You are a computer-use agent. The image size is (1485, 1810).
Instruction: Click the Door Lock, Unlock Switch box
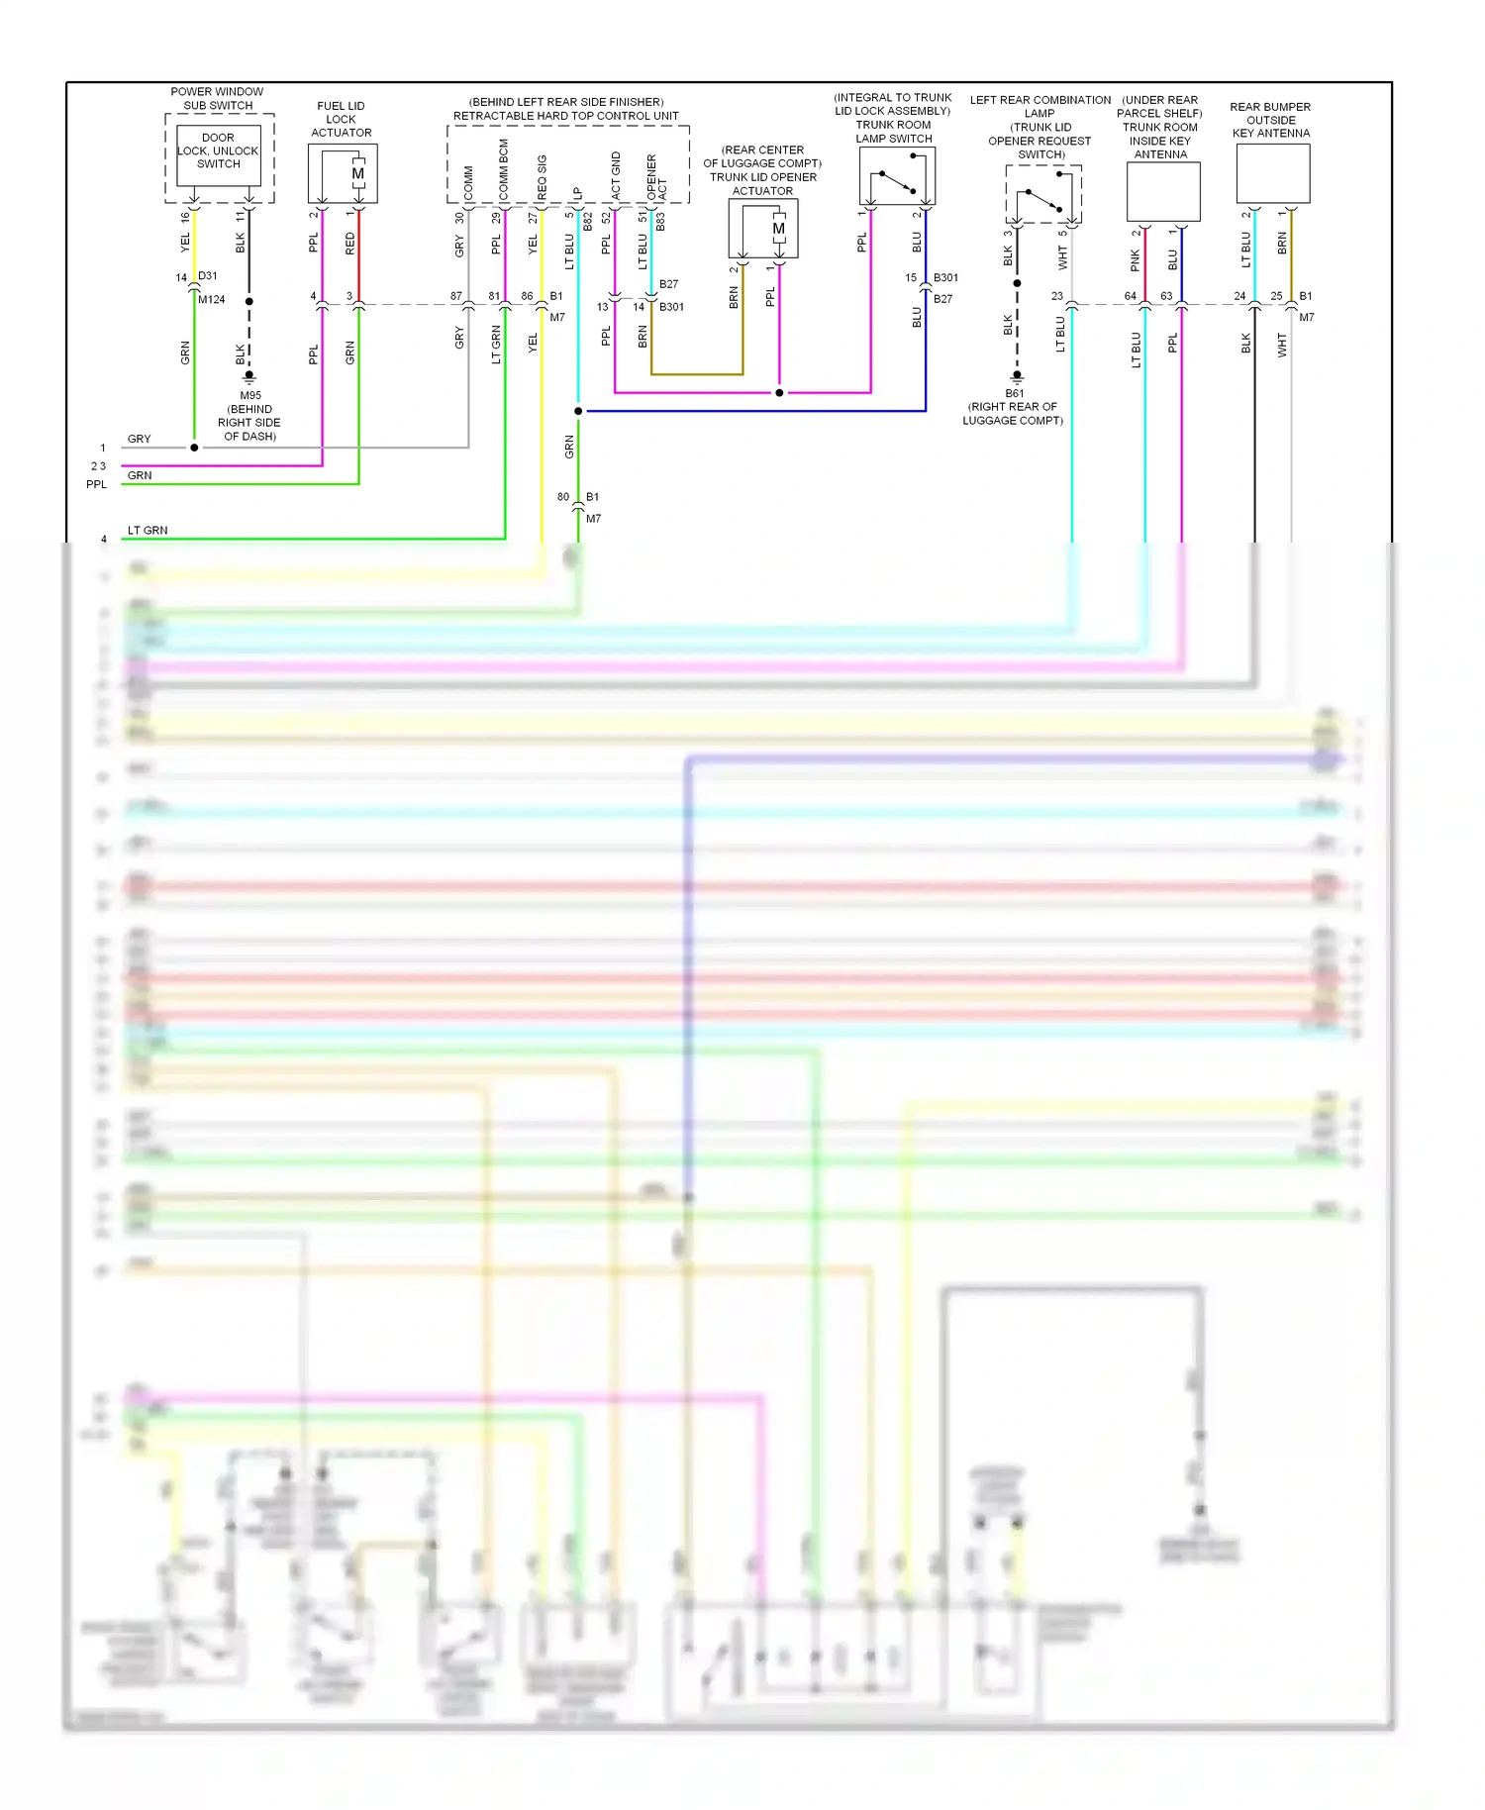point(218,154)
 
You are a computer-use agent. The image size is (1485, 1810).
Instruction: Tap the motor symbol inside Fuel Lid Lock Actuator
point(358,174)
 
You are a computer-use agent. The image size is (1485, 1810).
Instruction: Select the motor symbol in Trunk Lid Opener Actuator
point(778,229)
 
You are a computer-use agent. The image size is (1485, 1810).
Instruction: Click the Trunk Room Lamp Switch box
point(897,176)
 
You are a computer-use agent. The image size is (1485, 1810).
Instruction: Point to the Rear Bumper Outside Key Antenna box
point(1272,173)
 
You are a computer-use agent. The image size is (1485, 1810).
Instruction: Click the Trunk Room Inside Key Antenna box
point(1163,191)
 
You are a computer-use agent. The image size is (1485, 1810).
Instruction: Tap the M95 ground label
point(249,395)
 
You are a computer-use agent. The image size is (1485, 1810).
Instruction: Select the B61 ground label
point(1014,393)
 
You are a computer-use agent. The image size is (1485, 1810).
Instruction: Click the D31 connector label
point(207,275)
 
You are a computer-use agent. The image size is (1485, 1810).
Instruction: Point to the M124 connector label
point(211,299)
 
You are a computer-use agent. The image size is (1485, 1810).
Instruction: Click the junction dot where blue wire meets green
point(578,410)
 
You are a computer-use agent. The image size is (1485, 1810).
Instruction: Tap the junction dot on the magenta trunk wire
point(779,392)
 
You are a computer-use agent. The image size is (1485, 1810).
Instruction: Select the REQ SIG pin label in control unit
point(542,176)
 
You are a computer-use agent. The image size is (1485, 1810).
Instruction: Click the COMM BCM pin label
point(504,170)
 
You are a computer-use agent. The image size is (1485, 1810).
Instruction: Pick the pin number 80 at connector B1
point(562,496)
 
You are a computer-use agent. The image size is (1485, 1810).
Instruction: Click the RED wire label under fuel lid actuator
point(349,244)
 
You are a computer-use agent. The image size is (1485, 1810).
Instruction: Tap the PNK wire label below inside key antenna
point(1135,260)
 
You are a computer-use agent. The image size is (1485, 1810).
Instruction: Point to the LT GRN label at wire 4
point(148,530)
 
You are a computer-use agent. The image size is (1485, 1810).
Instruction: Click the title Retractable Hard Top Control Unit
point(565,116)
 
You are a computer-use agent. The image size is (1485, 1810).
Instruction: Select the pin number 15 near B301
point(910,277)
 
